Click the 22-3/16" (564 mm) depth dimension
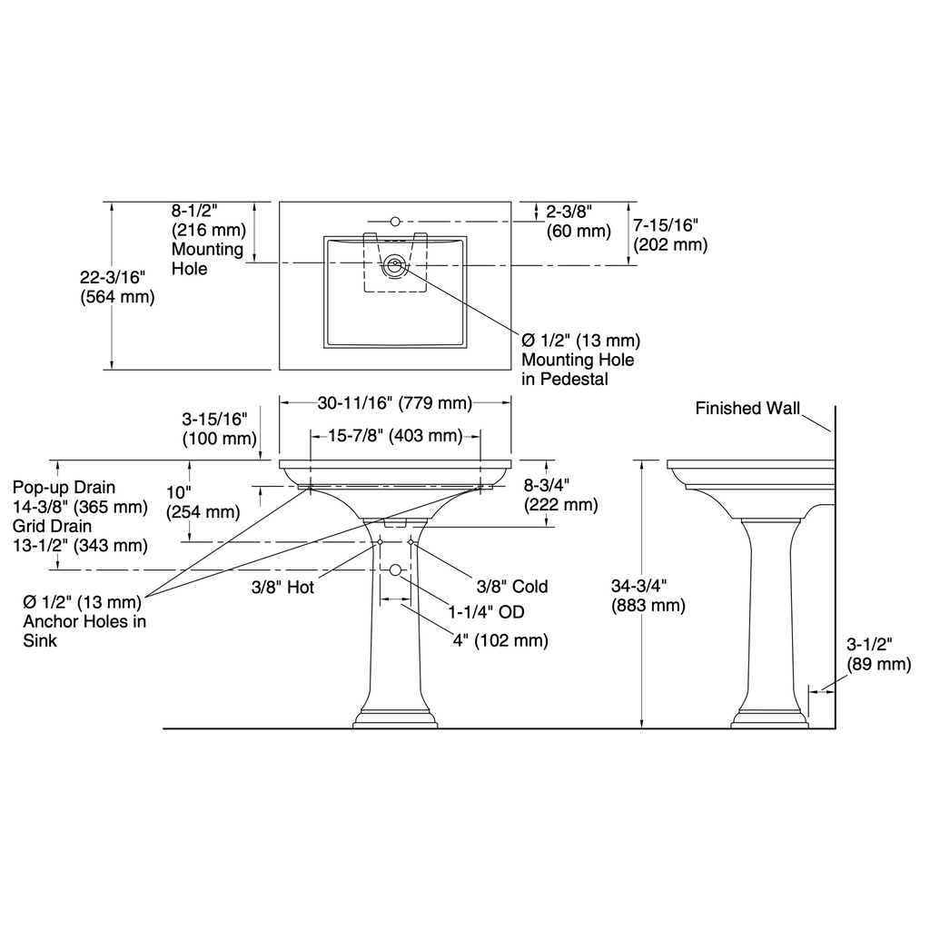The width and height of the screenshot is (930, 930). click(x=117, y=286)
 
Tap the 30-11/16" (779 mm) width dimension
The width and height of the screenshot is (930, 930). click(x=395, y=403)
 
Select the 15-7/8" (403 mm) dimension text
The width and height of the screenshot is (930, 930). click(x=395, y=436)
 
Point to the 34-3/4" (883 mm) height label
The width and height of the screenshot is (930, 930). click(x=648, y=596)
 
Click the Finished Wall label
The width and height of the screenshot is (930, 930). click(x=747, y=408)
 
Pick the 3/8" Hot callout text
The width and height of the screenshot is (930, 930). click(x=283, y=588)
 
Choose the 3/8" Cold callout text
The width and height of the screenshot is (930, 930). click(x=512, y=587)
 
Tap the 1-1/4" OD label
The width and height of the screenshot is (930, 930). click(x=487, y=612)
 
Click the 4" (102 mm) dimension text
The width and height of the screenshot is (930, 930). click(x=500, y=640)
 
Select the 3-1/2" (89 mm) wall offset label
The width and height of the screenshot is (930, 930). click(x=878, y=654)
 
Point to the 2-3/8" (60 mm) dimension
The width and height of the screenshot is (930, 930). click(x=579, y=221)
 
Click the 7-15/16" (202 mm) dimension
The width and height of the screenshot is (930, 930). click(x=670, y=235)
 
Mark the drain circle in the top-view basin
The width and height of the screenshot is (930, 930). click(x=394, y=264)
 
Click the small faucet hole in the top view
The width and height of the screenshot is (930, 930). click(x=395, y=222)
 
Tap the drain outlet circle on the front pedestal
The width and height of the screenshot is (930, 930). click(x=396, y=570)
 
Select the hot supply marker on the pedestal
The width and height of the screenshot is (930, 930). click(x=380, y=542)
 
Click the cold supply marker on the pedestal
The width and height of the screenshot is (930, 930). click(x=411, y=542)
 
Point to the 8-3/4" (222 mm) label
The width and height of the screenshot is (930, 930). click(x=560, y=495)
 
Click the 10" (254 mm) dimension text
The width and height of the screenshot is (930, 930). click(x=203, y=502)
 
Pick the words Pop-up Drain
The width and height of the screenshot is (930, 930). click(x=64, y=488)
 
